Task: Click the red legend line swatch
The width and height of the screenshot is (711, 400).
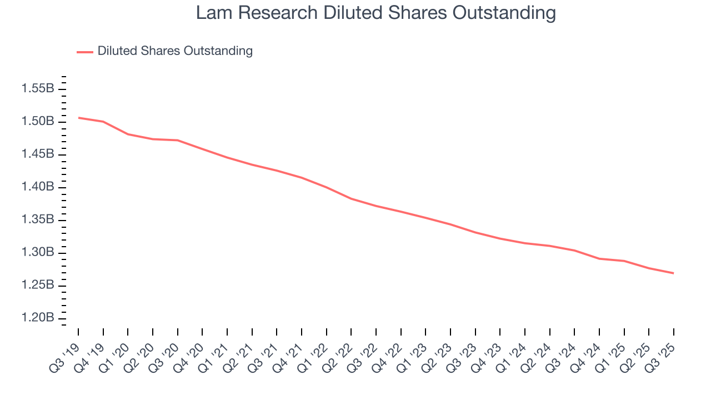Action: point(85,52)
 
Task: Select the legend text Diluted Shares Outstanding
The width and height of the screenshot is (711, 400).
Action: point(175,51)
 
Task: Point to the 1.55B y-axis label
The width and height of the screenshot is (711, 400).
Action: point(38,89)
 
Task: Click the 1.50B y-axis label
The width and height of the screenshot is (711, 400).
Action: point(38,122)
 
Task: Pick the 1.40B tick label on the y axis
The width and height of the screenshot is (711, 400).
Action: point(38,187)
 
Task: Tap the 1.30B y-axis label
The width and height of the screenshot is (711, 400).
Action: point(38,253)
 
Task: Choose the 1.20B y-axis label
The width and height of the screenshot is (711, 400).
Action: point(38,318)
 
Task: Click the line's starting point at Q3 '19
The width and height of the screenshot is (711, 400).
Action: point(78,118)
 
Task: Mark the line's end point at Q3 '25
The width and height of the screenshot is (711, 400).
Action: point(674,273)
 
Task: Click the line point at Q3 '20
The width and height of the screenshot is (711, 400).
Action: point(178,140)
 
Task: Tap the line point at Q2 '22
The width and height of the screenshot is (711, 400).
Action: point(352,199)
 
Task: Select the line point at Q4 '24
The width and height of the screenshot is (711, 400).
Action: point(599,259)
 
